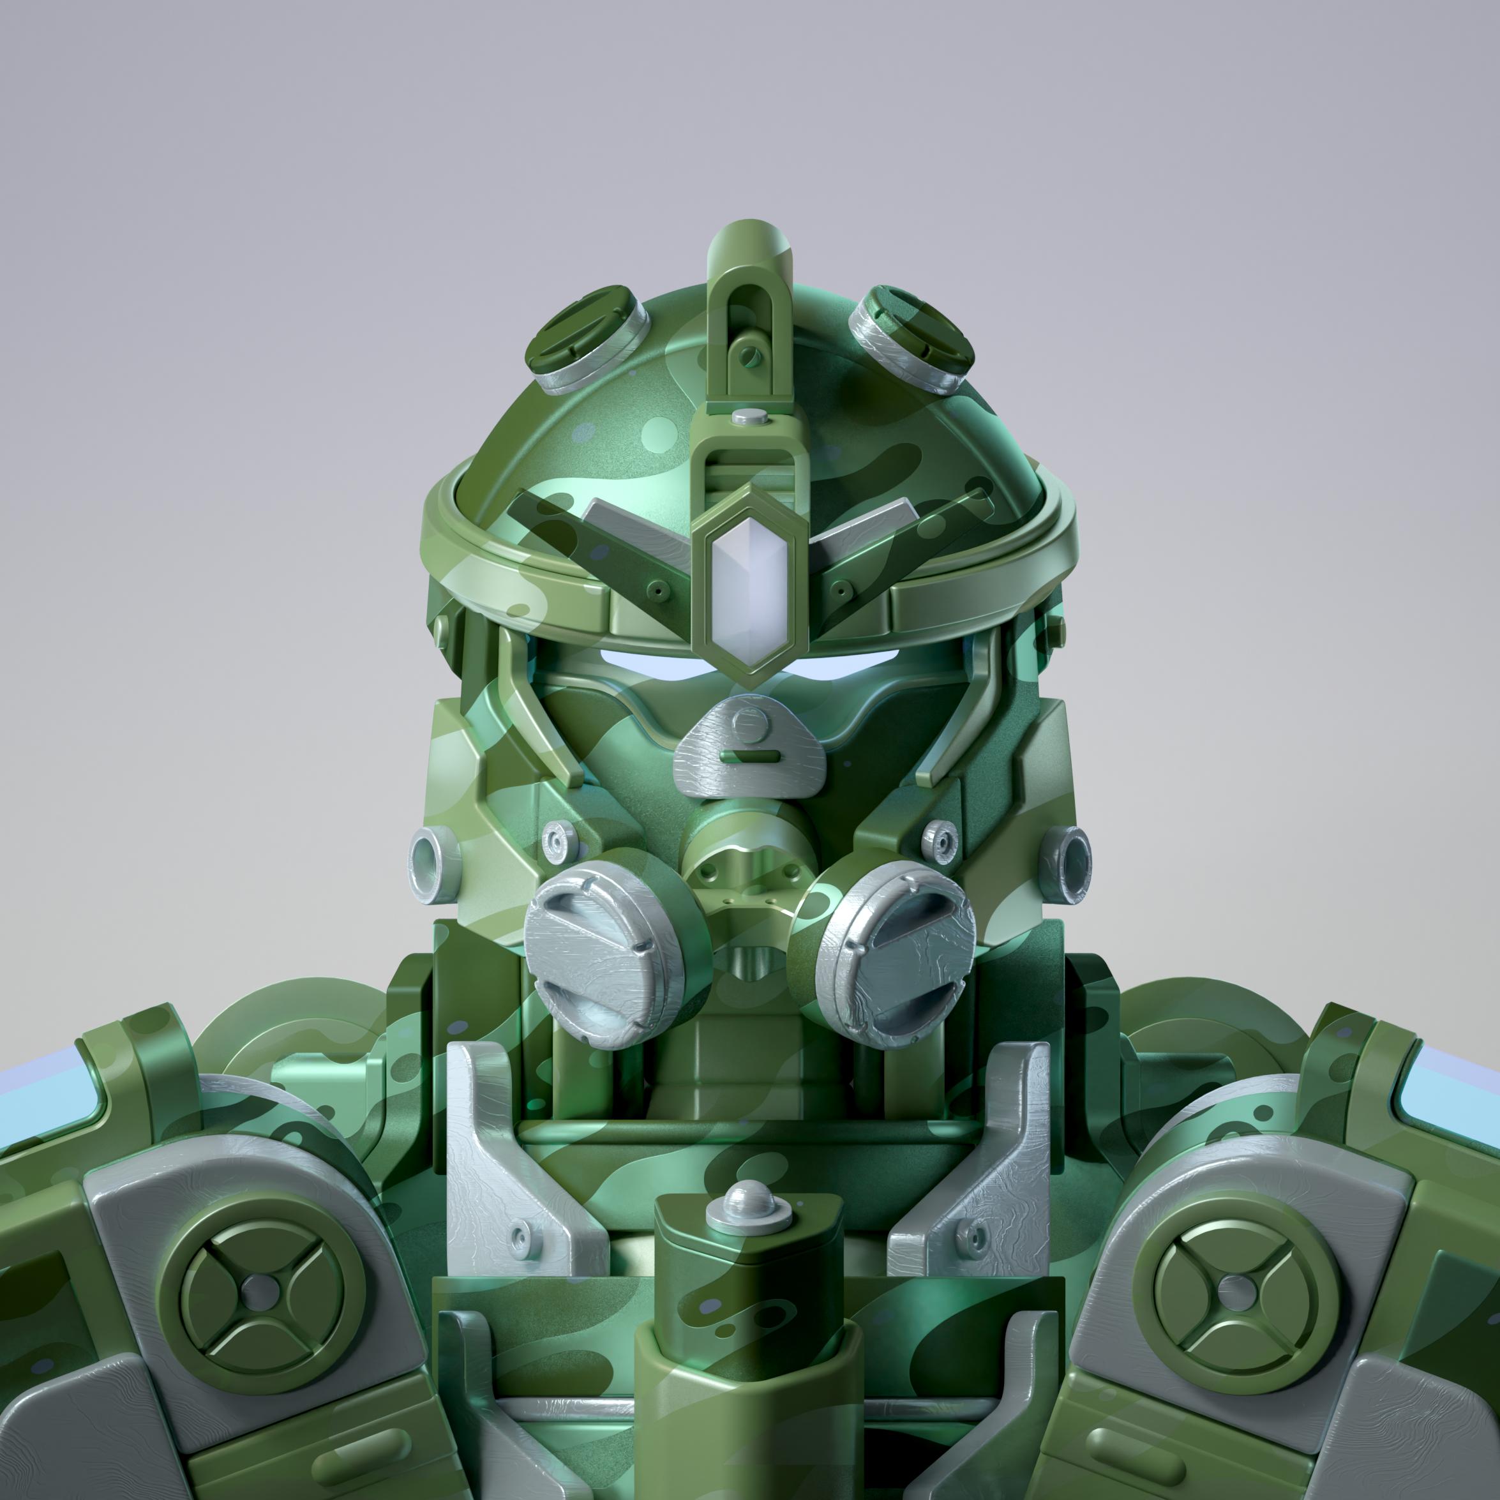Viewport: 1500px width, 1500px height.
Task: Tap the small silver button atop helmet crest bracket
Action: coord(750,417)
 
